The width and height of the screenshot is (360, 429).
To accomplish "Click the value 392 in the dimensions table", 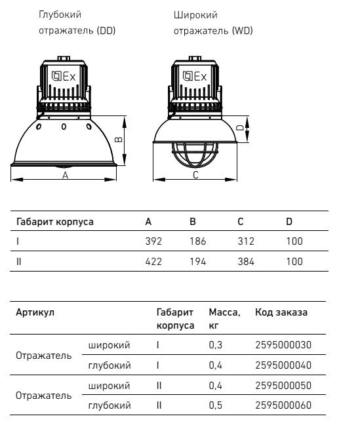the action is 153,241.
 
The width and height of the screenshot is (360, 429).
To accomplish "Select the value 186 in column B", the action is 198,241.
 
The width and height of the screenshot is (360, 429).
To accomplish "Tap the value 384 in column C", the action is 246,262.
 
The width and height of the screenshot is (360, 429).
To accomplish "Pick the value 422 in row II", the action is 153,262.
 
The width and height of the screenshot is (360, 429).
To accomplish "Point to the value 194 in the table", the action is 198,262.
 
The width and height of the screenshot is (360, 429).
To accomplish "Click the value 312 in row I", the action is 246,241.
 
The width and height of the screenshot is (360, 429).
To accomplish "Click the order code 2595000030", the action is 283,345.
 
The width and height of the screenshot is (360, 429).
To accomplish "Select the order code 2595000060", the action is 283,405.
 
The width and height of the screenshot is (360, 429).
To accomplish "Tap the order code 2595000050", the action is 283,386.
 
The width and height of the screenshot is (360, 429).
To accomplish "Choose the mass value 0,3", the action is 216,345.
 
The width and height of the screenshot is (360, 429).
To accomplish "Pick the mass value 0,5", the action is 216,405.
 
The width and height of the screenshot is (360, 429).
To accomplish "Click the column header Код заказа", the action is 281,312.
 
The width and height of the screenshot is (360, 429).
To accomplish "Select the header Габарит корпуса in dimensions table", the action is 54,222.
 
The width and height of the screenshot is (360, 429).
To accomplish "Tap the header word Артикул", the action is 35,312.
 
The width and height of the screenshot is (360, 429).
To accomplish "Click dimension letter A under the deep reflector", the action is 65,175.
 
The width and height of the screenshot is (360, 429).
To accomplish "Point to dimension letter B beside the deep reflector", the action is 118,140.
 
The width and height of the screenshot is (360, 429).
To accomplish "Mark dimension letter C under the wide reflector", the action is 195,175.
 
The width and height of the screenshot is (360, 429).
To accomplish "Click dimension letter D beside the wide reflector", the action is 240,128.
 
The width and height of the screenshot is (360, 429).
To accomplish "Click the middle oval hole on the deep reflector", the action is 64,127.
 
